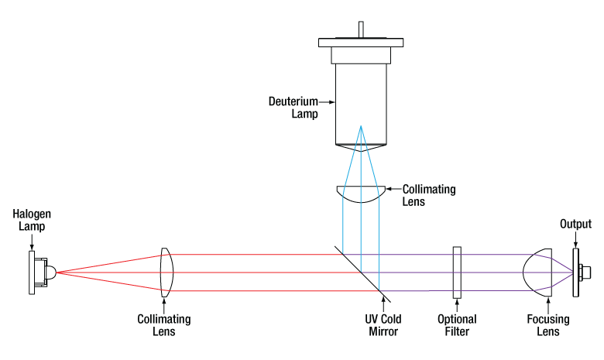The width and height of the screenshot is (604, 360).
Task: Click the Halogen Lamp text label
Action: coord(32,220)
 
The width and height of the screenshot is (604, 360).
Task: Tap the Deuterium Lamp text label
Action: coord(293,108)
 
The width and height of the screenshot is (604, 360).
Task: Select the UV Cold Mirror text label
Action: coord(383,325)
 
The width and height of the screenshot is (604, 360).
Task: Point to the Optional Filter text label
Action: coord(457,325)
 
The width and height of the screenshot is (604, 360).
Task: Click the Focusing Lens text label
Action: coord(548,325)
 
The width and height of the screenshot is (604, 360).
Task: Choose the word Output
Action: coord(575,224)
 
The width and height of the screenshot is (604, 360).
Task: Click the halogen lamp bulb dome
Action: coord(51,273)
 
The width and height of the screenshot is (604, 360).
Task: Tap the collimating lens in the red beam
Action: coord(166,273)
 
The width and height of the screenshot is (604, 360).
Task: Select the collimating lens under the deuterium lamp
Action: coord(361,194)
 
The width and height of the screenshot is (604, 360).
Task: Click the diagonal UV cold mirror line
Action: coord(362,274)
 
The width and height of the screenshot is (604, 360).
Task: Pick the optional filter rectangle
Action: coord(457,273)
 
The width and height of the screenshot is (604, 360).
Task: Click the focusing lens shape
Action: coord(537,273)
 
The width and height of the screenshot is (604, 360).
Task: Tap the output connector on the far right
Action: coord(582,273)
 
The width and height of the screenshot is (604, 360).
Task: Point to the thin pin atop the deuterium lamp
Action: coord(361,29)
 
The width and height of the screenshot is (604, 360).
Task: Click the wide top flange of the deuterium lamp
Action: coord(361,43)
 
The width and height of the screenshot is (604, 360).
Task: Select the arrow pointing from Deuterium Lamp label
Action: coord(327,102)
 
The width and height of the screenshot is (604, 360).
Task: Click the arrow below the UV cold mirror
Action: coord(383,303)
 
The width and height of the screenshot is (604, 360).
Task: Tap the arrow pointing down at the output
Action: coord(575,239)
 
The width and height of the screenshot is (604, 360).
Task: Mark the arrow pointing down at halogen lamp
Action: coord(32,242)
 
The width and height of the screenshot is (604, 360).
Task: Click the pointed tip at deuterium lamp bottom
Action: coord(361,151)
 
